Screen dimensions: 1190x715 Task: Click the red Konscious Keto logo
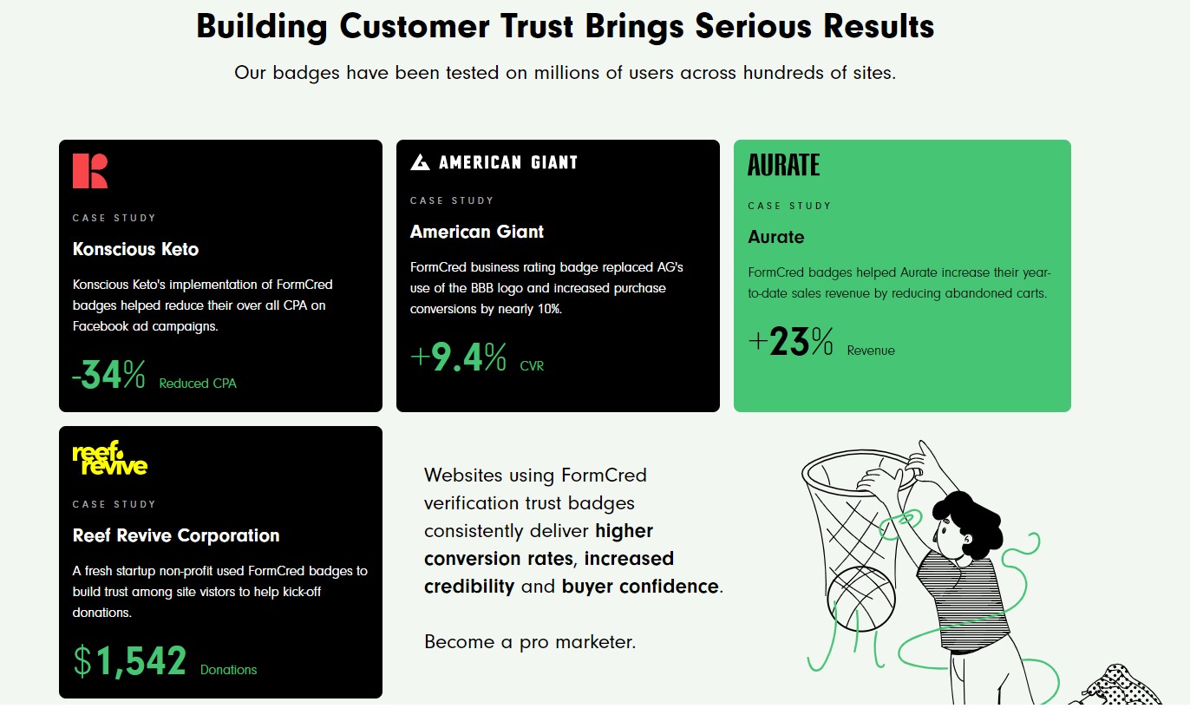point(90,171)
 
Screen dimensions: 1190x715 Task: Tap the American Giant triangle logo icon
point(420,162)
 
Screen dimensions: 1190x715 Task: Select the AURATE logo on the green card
point(783,165)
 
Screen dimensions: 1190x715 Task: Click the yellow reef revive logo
point(109,457)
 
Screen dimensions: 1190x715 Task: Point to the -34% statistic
point(108,375)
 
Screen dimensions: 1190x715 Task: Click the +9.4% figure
point(458,357)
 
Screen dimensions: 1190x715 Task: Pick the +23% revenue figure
point(790,341)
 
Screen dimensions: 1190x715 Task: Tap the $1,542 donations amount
point(129,661)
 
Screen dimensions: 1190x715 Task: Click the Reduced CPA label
point(198,384)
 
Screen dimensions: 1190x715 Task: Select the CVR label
point(532,365)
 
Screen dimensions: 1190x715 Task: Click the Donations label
point(228,670)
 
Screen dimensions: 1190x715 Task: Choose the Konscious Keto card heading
point(135,249)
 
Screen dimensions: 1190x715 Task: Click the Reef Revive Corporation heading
point(176,535)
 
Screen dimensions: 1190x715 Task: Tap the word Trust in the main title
point(537,26)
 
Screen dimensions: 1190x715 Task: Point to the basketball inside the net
point(861,599)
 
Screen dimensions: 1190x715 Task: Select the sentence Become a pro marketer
point(530,642)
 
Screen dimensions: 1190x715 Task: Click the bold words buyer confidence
point(640,587)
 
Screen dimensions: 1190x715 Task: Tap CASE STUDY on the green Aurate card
point(789,206)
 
